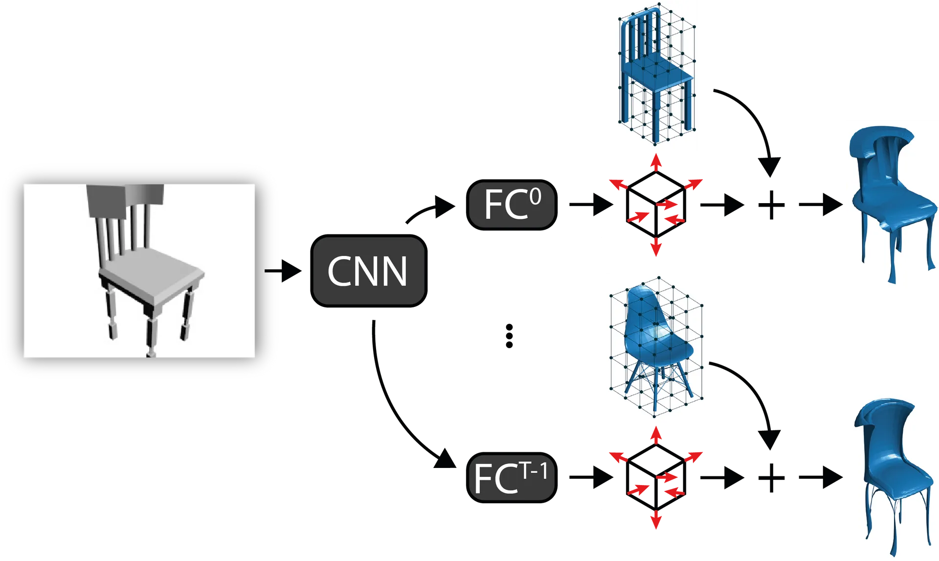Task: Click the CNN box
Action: [369, 271]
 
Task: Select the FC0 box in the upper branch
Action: [512, 205]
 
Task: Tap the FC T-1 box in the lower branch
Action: [512, 477]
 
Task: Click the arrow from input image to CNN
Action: [283, 271]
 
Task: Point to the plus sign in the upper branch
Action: [771, 205]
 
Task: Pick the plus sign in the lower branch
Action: [771, 478]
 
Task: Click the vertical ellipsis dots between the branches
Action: [509, 336]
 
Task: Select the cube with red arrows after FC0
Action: [656, 205]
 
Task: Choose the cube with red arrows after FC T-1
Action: [656, 477]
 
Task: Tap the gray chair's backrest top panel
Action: [125, 200]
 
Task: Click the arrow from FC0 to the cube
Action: [591, 204]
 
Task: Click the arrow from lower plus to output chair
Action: [821, 477]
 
